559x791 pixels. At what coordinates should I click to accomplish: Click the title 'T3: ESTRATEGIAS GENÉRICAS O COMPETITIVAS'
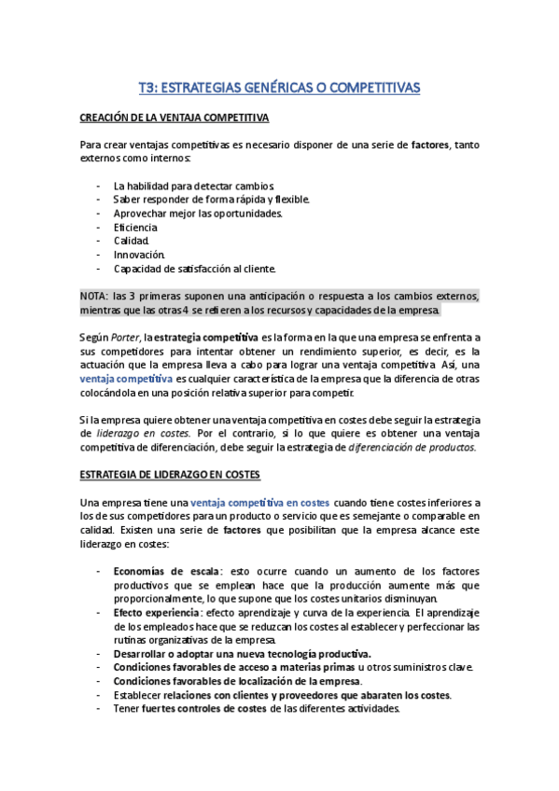tap(279, 88)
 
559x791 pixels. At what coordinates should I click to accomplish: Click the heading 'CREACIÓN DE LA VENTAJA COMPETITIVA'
tap(174, 118)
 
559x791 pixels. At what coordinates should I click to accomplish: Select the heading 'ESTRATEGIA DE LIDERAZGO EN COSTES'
tap(169, 475)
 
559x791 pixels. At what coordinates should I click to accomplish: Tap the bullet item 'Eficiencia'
tap(135, 227)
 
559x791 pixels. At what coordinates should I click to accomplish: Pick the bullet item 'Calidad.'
tap(132, 241)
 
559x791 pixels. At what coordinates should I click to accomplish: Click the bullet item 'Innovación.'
tap(139, 255)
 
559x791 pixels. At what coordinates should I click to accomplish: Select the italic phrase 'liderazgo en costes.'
tap(144, 434)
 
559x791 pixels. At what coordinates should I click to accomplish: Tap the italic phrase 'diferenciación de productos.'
tap(412, 447)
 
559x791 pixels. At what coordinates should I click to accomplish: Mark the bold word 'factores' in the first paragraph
tap(430, 145)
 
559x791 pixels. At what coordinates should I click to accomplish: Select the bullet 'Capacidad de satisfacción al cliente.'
tap(194, 269)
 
